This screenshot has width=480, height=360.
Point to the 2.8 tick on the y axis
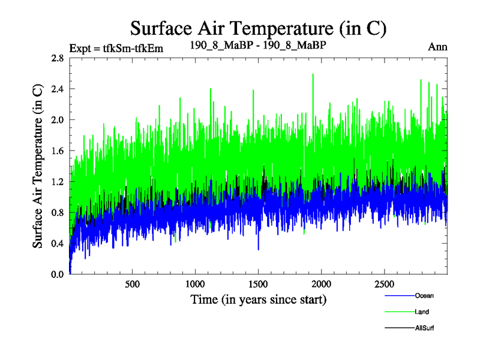(58, 58)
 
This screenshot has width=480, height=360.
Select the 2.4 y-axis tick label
(58, 89)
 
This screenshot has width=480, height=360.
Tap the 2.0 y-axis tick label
(58, 120)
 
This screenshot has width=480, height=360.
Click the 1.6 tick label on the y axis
(58, 151)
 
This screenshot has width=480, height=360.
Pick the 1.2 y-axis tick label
(58, 182)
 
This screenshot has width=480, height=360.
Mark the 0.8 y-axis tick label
(58, 212)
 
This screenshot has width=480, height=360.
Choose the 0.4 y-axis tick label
(58, 244)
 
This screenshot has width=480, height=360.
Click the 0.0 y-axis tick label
(58, 274)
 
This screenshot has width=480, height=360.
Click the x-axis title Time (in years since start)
(258, 299)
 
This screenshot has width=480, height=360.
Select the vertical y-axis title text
(37, 166)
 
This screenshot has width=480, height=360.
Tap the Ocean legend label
(424, 295)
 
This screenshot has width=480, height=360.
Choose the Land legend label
(422, 311)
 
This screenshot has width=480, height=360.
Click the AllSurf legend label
(424, 328)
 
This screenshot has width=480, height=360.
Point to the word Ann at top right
(437, 46)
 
